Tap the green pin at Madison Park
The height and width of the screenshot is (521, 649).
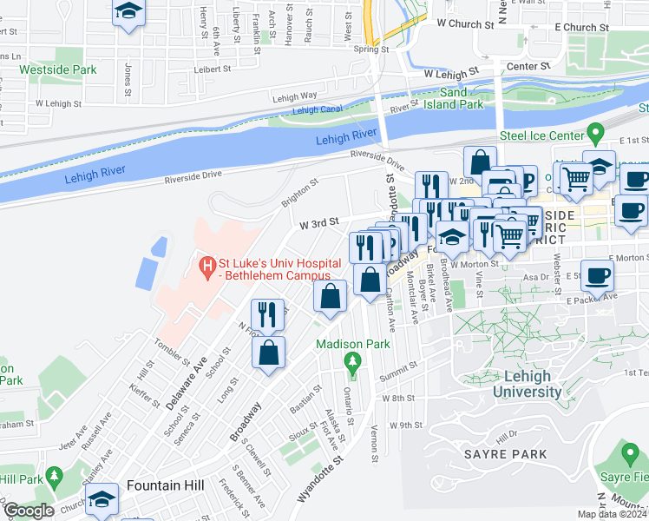[351, 360]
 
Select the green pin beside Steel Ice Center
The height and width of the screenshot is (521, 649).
[594, 135]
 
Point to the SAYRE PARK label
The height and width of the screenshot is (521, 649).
[505, 453]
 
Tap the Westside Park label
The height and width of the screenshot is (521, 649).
[58, 69]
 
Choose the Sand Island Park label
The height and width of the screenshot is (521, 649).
[460, 98]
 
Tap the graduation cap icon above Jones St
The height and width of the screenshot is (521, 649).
[128, 12]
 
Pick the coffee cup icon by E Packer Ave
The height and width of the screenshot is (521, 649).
[598, 276]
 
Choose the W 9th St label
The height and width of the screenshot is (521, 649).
[405, 425]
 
